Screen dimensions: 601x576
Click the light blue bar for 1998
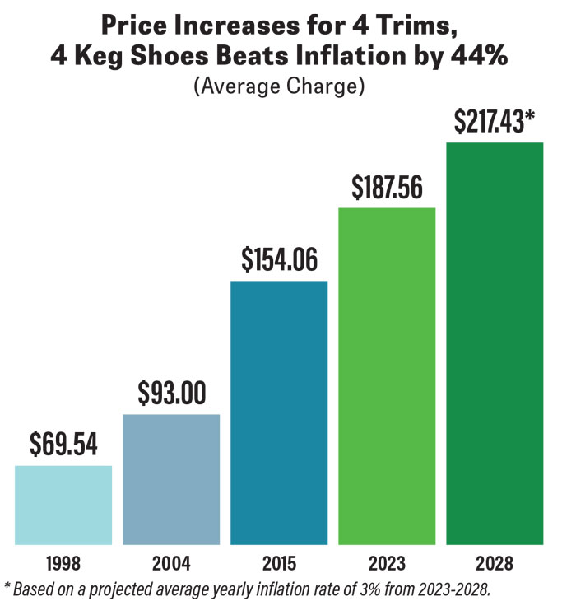click(x=63, y=505)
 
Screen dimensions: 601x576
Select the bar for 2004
click(x=171, y=479)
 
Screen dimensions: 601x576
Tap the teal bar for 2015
click(x=279, y=412)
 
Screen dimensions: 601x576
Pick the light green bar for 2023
click(x=387, y=375)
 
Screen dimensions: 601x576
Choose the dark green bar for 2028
click(x=495, y=343)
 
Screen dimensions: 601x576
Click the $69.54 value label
click(x=63, y=445)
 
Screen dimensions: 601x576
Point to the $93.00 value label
click(x=171, y=394)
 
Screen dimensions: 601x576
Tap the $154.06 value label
click(x=279, y=260)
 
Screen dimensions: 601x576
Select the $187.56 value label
click(x=387, y=188)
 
